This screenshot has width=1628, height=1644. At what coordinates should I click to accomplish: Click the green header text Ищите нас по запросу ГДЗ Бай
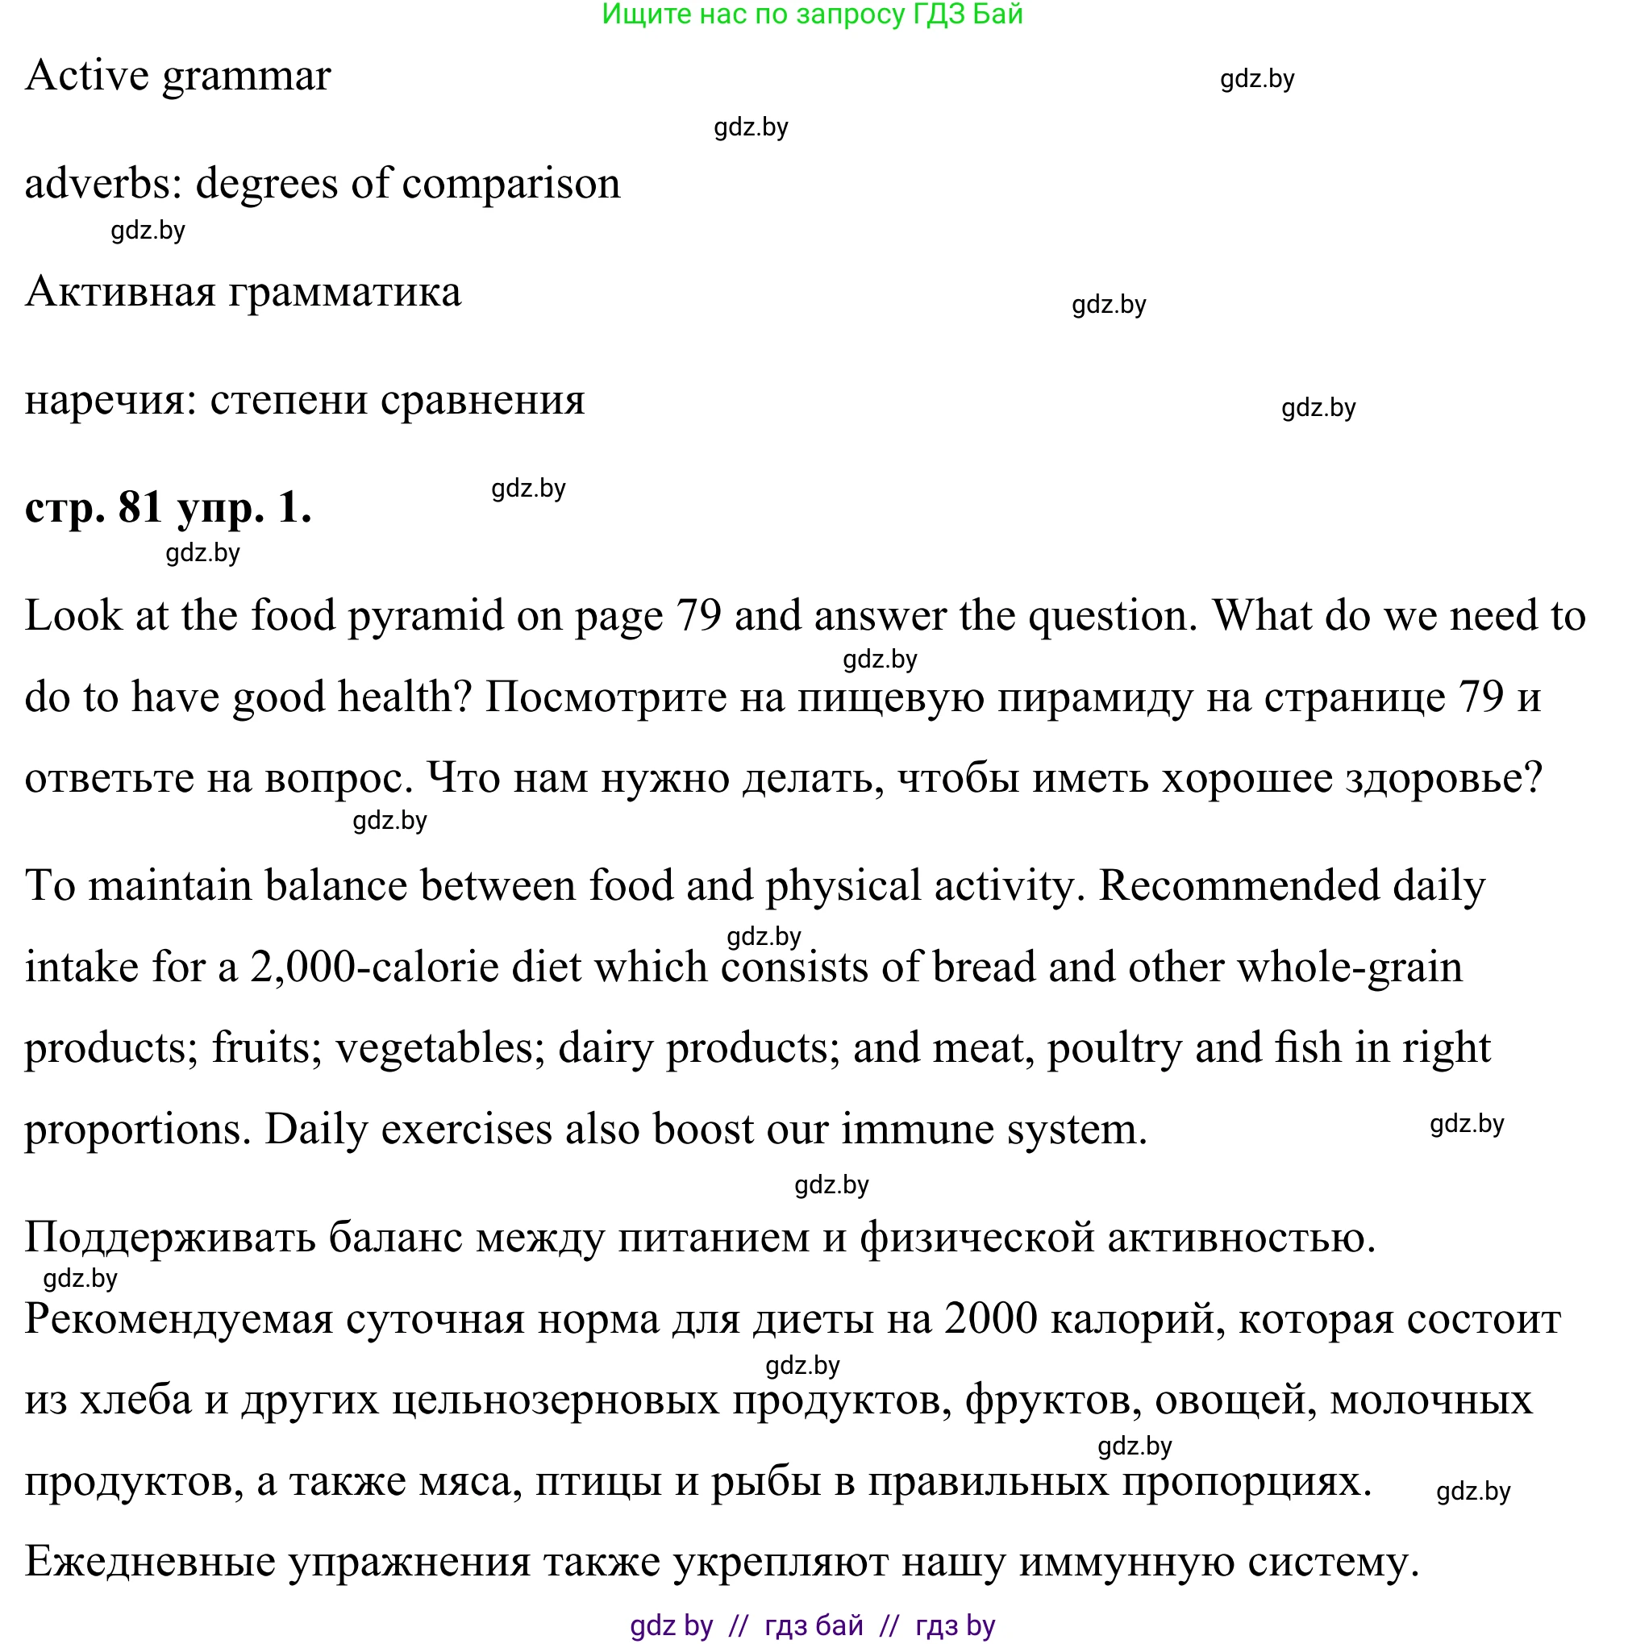click(812, 15)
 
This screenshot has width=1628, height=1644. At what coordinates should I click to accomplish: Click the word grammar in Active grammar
click(246, 77)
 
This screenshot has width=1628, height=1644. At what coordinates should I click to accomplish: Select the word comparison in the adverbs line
click(510, 184)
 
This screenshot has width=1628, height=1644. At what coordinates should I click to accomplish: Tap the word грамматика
click(344, 292)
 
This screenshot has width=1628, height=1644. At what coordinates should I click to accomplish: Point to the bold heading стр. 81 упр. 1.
click(169, 507)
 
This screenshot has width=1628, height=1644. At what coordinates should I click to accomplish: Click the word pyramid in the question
click(426, 616)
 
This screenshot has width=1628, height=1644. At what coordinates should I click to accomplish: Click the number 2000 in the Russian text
click(990, 1319)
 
